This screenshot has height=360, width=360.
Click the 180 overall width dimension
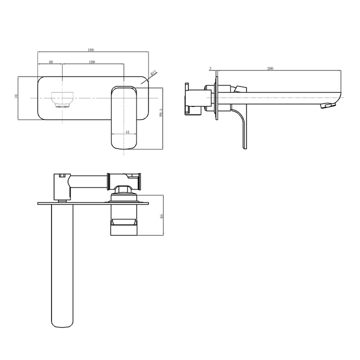[x=91, y=50]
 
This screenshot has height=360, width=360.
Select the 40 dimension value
[x=50, y=62]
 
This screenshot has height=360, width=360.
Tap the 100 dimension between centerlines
[x=92, y=62]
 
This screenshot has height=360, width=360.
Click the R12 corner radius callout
[x=153, y=73]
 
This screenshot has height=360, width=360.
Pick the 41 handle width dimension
[x=127, y=132]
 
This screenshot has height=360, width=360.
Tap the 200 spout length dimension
[x=270, y=68]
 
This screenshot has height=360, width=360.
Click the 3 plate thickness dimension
[x=210, y=68]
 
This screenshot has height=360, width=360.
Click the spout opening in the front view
[x=63, y=99]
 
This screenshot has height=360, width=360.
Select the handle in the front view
[x=124, y=117]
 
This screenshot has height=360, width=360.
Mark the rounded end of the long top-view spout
[x=62, y=320]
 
